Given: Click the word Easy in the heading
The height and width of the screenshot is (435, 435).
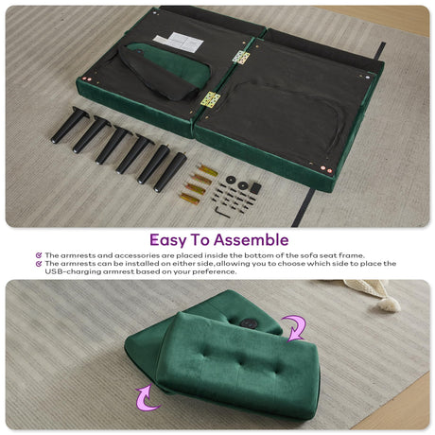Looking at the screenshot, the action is (x=168, y=240).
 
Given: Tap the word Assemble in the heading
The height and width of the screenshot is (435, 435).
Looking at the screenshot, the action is (x=251, y=240).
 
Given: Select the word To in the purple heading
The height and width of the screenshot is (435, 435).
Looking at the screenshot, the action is (x=200, y=240).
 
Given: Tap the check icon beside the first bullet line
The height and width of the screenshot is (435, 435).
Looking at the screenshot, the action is (x=39, y=255).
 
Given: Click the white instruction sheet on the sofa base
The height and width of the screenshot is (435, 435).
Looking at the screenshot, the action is (x=179, y=42).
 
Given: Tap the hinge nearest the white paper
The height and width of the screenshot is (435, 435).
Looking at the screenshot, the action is (x=241, y=58).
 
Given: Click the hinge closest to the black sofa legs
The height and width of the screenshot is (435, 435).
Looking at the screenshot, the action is (x=210, y=99).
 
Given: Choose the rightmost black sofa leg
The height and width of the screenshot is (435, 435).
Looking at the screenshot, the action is (x=170, y=172).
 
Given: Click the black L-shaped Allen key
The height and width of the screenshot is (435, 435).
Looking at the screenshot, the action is (x=222, y=212).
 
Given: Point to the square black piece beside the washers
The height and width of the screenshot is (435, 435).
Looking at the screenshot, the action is (x=255, y=188).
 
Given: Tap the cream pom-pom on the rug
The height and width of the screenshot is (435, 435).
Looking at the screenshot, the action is (x=389, y=304).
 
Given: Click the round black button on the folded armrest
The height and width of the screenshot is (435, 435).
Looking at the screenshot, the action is (x=249, y=323).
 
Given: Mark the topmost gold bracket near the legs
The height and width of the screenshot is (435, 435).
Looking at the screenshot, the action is (x=208, y=170).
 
